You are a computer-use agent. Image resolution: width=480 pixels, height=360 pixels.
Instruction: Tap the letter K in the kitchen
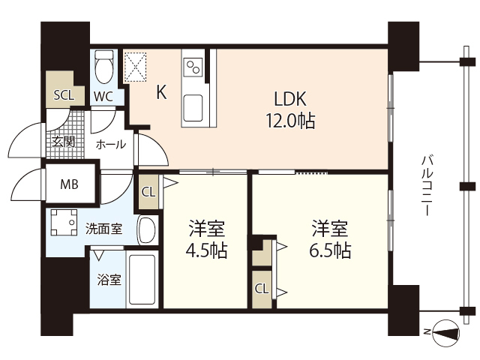161,92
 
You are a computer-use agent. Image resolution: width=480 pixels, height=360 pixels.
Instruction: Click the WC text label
104,96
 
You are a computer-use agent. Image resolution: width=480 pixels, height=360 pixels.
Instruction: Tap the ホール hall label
111,144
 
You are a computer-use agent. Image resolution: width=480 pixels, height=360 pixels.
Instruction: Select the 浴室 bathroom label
109,280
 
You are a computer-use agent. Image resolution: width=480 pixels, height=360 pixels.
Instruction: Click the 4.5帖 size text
206,250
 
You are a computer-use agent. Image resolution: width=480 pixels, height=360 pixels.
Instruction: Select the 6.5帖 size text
330,250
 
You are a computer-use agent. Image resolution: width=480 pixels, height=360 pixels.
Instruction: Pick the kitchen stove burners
192,66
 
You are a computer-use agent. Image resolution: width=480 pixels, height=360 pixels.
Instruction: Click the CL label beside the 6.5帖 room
262,288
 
